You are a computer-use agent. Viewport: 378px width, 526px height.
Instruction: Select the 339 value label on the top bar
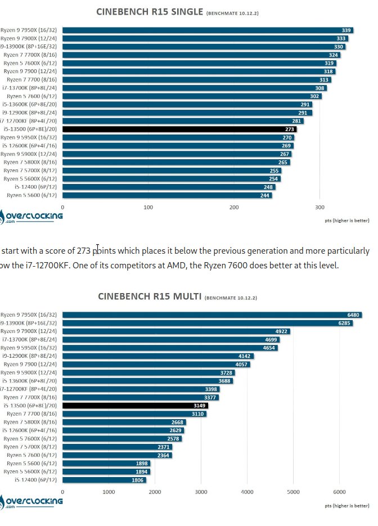346,30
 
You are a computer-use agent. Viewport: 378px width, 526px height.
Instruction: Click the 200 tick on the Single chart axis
234,207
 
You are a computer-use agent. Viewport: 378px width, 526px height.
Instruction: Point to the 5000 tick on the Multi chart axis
292,491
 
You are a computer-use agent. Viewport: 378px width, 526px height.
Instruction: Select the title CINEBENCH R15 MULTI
148,296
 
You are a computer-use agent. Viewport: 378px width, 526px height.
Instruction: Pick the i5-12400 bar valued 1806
104,480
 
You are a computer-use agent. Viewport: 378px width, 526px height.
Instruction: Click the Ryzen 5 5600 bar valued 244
167,195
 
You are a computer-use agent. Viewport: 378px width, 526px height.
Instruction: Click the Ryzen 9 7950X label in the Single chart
30,30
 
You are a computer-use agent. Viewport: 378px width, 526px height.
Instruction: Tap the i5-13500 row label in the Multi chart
31,406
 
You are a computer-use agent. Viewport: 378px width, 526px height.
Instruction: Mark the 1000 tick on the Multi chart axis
109,491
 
